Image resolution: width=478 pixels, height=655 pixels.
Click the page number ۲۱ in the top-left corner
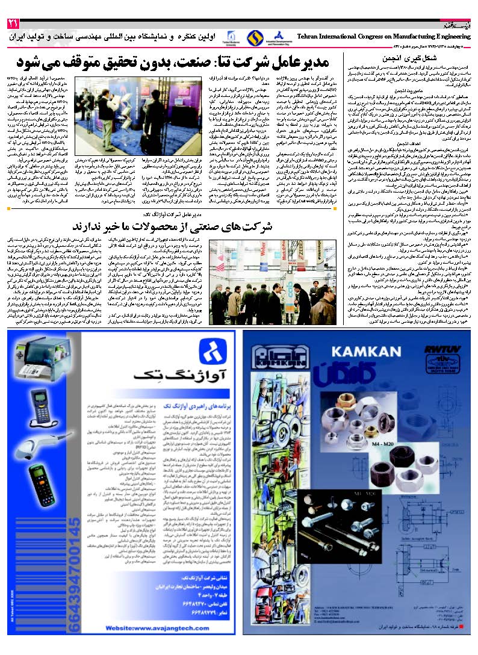(13, 24)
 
